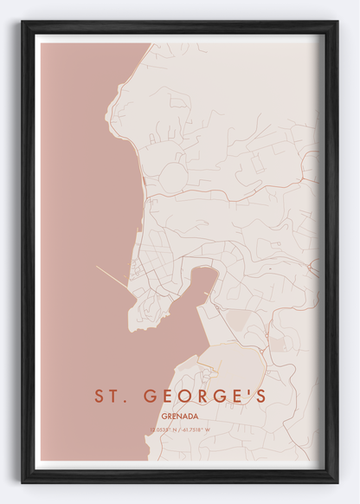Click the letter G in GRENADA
(x=164, y=417)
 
